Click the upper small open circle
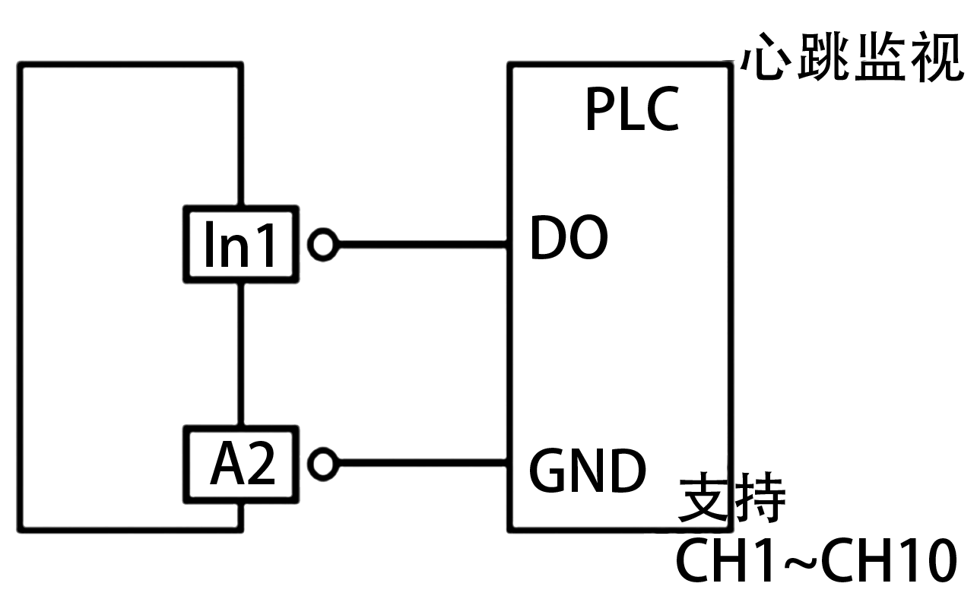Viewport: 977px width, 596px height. tap(322, 245)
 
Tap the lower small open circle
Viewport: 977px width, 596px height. tap(323, 463)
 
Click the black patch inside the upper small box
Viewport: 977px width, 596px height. tap(239, 243)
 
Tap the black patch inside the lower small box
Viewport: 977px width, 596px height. tap(242, 462)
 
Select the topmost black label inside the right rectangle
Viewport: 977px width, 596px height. tap(633, 108)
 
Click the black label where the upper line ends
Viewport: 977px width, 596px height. tap(569, 237)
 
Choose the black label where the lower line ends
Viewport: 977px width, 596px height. tap(588, 470)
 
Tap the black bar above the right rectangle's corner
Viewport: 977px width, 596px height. tap(852, 55)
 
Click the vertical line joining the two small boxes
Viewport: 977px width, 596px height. tap(240, 353)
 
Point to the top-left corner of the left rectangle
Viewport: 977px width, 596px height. tap(21, 66)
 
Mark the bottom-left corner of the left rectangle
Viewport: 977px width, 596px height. tap(21, 528)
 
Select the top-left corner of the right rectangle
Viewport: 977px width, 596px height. tap(511, 66)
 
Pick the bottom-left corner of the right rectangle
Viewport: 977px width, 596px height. tap(511, 528)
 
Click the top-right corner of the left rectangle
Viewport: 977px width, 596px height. tap(240, 66)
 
